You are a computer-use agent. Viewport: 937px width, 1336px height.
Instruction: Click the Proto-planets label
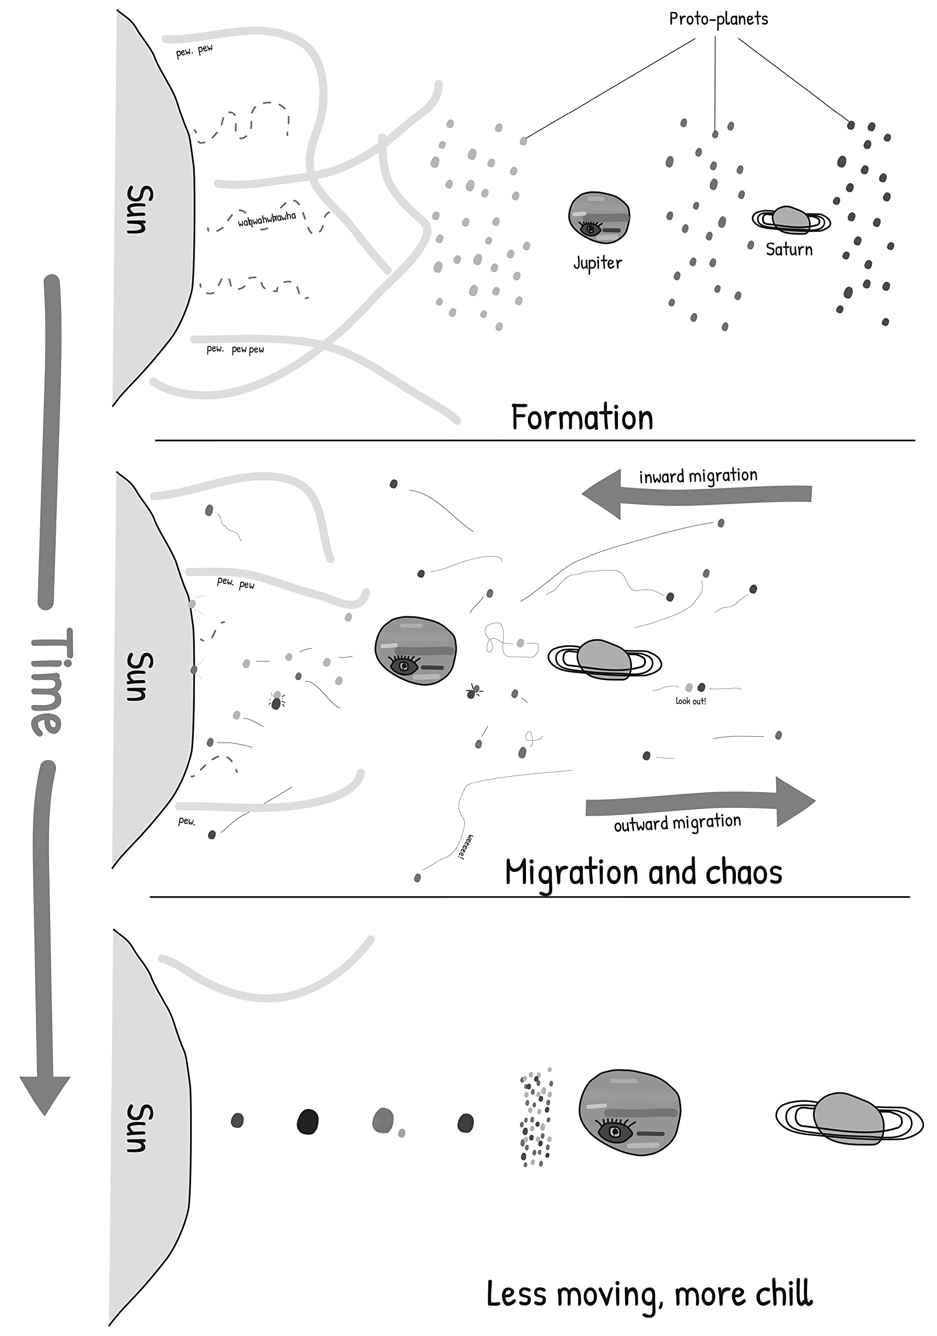[x=718, y=20]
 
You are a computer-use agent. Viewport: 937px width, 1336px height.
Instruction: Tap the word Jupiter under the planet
[x=598, y=263]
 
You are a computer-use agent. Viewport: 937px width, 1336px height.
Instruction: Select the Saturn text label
[x=789, y=249]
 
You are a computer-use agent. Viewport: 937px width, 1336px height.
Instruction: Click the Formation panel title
[x=582, y=418]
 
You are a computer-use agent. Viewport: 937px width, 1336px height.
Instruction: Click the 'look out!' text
[x=690, y=701]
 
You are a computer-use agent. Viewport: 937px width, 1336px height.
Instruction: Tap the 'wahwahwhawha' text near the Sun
[x=267, y=219]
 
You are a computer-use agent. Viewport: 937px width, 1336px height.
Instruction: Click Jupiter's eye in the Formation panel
[x=590, y=228]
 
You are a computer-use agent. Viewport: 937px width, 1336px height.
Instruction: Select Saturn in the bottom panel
[x=849, y=1118]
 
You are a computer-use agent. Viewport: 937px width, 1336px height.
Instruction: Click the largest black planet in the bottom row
[x=308, y=1122]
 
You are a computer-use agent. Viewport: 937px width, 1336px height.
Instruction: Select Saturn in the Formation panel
[x=791, y=220]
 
